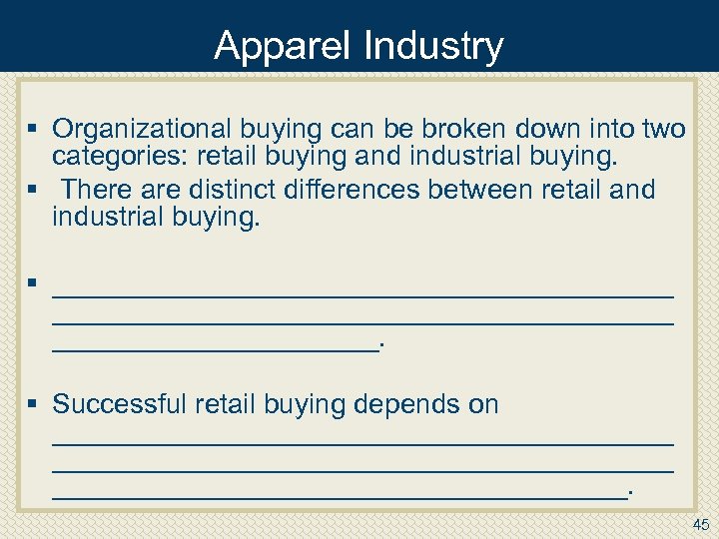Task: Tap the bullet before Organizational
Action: (x=33, y=129)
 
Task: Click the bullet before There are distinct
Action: (x=33, y=189)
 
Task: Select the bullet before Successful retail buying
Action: (x=33, y=404)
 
